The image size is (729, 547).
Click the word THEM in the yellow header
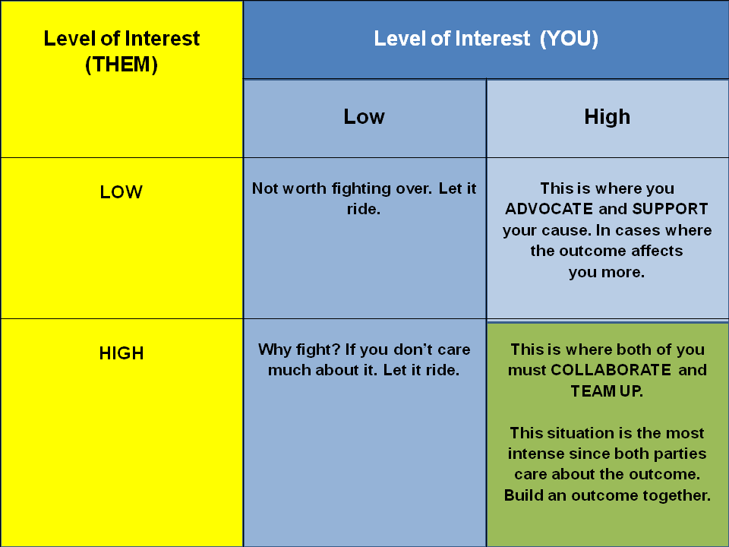click(121, 65)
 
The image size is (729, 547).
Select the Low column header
click(364, 116)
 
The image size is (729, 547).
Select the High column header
click(607, 116)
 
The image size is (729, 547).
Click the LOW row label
click(121, 192)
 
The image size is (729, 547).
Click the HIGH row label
click(121, 353)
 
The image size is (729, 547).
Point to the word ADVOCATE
click(549, 209)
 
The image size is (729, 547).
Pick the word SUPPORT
click(670, 209)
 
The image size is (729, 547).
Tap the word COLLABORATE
click(611, 370)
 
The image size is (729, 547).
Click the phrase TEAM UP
click(607, 391)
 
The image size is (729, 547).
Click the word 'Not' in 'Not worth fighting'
click(264, 188)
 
